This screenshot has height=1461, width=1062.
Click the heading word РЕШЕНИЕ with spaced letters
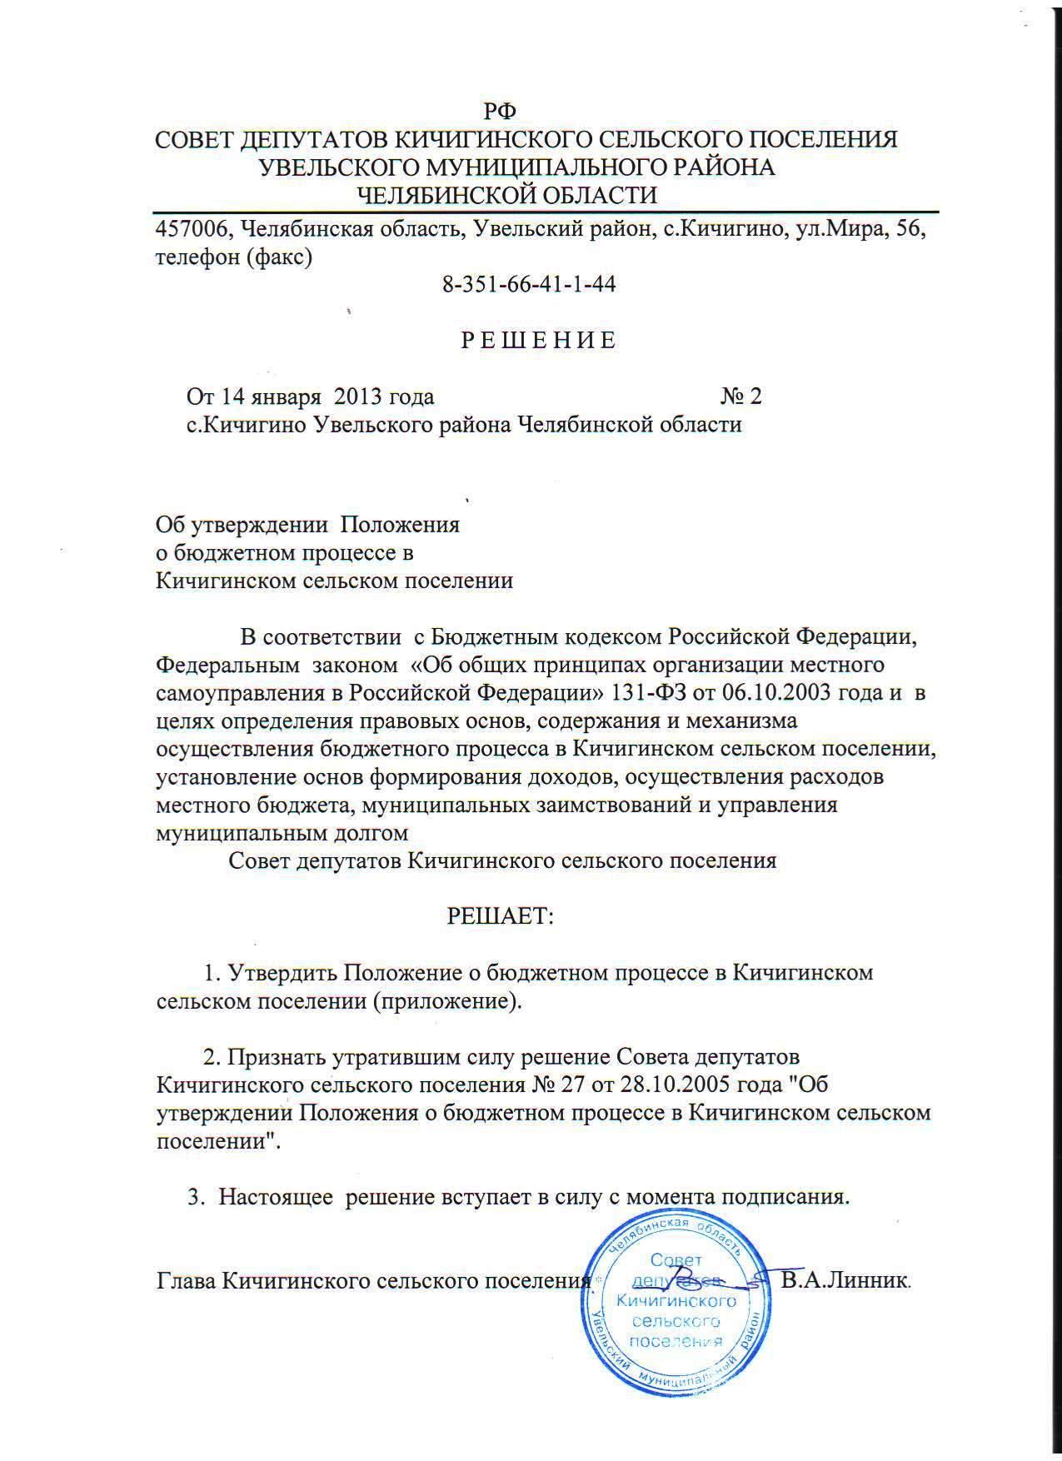click(x=539, y=341)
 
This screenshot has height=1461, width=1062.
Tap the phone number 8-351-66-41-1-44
click(x=529, y=284)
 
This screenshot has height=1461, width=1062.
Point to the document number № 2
click(x=741, y=396)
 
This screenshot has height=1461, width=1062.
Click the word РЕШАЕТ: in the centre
click(x=501, y=916)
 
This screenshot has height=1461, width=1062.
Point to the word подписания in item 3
click(x=785, y=1198)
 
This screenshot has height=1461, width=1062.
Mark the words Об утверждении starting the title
click(x=242, y=526)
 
